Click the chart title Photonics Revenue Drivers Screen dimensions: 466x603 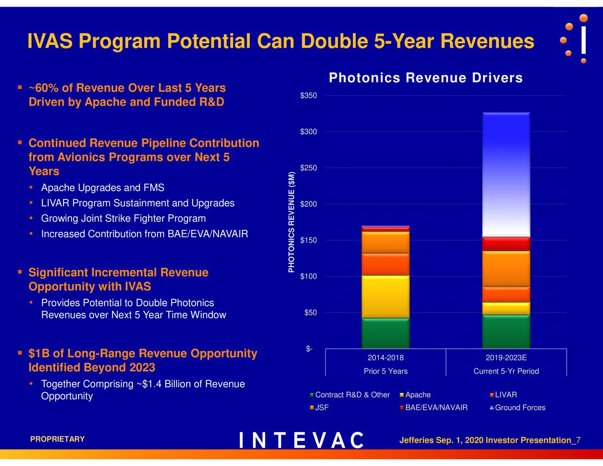pyautogui.click(x=425, y=78)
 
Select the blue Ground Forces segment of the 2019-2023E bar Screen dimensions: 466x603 pyautogui.click(x=506, y=174)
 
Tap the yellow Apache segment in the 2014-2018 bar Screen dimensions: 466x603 pyautogui.click(x=385, y=297)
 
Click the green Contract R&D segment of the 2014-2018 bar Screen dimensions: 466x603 pyautogui.click(x=385, y=334)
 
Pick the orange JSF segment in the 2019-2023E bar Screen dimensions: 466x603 pyautogui.click(x=506, y=269)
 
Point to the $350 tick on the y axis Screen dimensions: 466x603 pyautogui.click(x=309, y=96)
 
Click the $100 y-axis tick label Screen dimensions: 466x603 pyautogui.click(x=309, y=277)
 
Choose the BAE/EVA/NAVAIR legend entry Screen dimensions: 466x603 pyautogui.click(x=436, y=408)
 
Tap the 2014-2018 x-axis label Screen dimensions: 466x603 pyautogui.click(x=385, y=358)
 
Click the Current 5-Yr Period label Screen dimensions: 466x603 pyautogui.click(x=506, y=371)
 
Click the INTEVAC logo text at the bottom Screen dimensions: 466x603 pyautogui.click(x=301, y=440)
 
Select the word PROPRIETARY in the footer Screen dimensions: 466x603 pyautogui.click(x=57, y=439)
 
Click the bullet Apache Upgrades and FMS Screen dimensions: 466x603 pyautogui.click(x=103, y=188)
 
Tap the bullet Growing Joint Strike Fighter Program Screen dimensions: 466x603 pyautogui.click(x=123, y=219)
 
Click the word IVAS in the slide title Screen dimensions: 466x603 pyautogui.click(x=49, y=41)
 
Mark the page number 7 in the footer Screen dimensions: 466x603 pyautogui.click(x=579, y=440)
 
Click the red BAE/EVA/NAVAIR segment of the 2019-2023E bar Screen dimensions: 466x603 pyautogui.click(x=506, y=244)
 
